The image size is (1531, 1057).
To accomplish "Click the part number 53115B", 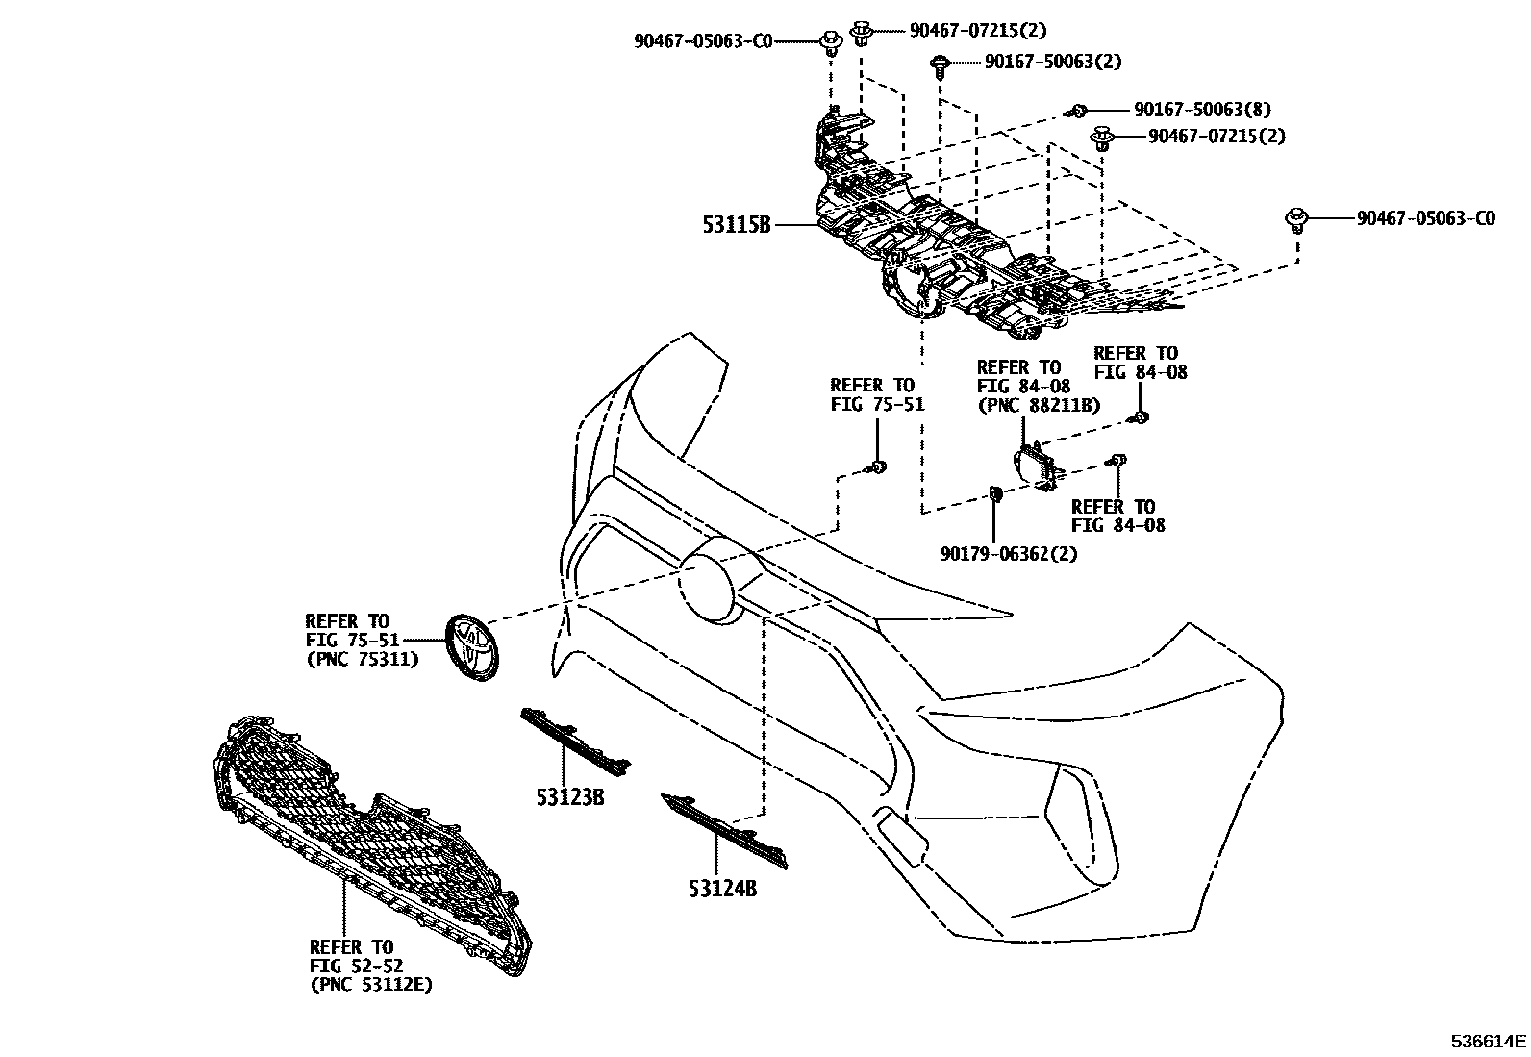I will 737,225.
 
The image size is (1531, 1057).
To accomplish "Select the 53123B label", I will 570,796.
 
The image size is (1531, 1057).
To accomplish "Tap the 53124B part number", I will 722,890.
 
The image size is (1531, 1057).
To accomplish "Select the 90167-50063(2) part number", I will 1053,62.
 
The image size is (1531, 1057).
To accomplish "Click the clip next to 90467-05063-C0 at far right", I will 1296,218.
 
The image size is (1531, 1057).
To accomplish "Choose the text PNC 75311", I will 362,659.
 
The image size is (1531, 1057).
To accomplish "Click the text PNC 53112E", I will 371,985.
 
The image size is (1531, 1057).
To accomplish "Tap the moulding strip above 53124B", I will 724,828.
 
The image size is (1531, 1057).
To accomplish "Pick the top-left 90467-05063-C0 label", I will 703,40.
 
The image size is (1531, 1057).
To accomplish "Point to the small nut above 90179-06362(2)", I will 995,494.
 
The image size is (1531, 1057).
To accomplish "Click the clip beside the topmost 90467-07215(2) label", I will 861,33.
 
